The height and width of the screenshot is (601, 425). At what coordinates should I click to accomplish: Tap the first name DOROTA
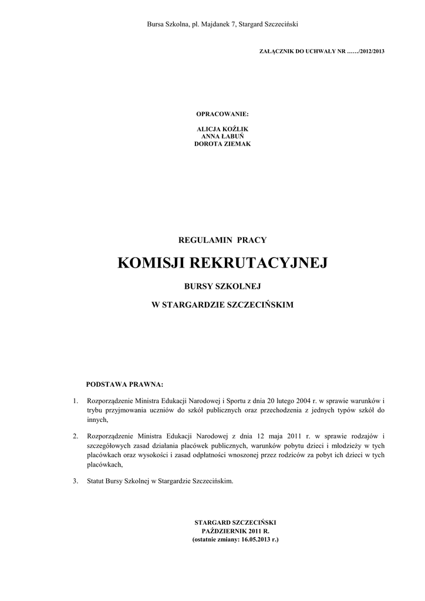pyautogui.click(x=207, y=144)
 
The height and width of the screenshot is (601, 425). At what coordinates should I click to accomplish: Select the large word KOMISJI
pyautogui.click(x=151, y=263)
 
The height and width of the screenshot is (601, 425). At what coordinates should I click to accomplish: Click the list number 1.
pyautogui.click(x=75, y=401)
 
